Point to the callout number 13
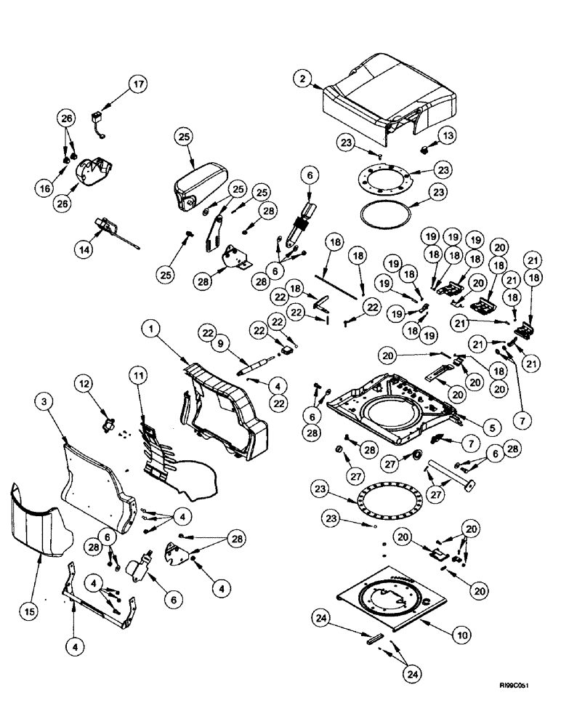448,136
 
